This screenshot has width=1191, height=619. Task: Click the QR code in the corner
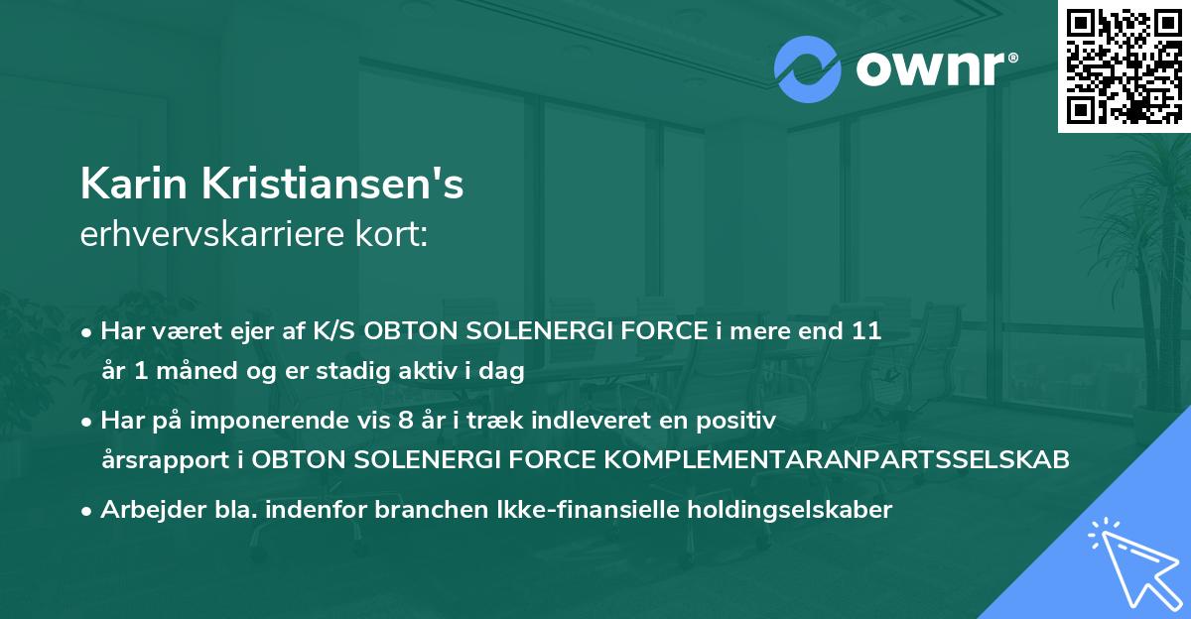point(1124,65)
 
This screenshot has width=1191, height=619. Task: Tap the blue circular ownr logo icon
point(808,69)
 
